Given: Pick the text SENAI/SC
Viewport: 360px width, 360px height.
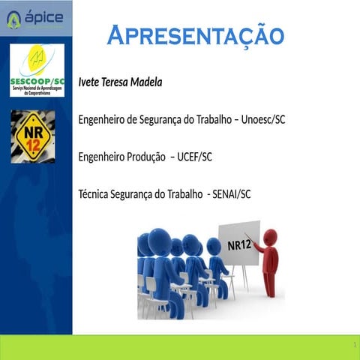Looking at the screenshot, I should click(231, 194).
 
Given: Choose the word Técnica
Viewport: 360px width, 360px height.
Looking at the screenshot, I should click(95, 194).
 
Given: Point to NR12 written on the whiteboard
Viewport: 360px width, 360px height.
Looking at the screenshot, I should click(239, 244).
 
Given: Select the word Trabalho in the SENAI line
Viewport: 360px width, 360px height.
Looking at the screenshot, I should click(183, 194).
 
